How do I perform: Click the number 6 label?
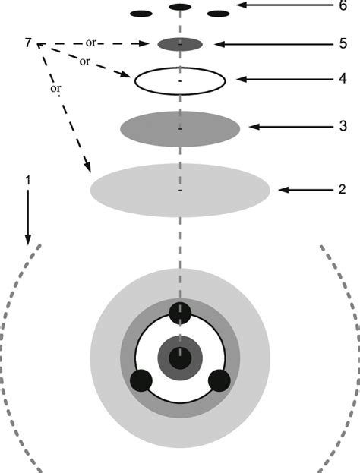pyautogui.click(x=343, y=6)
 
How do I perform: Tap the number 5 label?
pyautogui.click(x=343, y=44)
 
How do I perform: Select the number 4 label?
pyautogui.click(x=343, y=79)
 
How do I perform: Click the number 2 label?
pyautogui.click(x=343, y=189)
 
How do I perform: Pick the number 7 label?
pyautogui.click(x=29, y=43)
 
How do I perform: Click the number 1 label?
pyautogui.click(x=28, y=181)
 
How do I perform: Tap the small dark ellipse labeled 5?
pyautogui.click(x=180, y=44)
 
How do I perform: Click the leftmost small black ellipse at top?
pyautogui.click(x=141, y=14)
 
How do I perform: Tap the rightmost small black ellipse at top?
pyautogui.click(x=218, y=14)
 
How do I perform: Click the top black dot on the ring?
pyautogui.click(x=180, y=312)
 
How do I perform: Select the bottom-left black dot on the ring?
pyautogui.click(x=141, y=380)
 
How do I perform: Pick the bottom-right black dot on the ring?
pyautogui.click(x=219, y=380)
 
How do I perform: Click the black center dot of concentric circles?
pyautogui.click(x=180, y=357)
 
